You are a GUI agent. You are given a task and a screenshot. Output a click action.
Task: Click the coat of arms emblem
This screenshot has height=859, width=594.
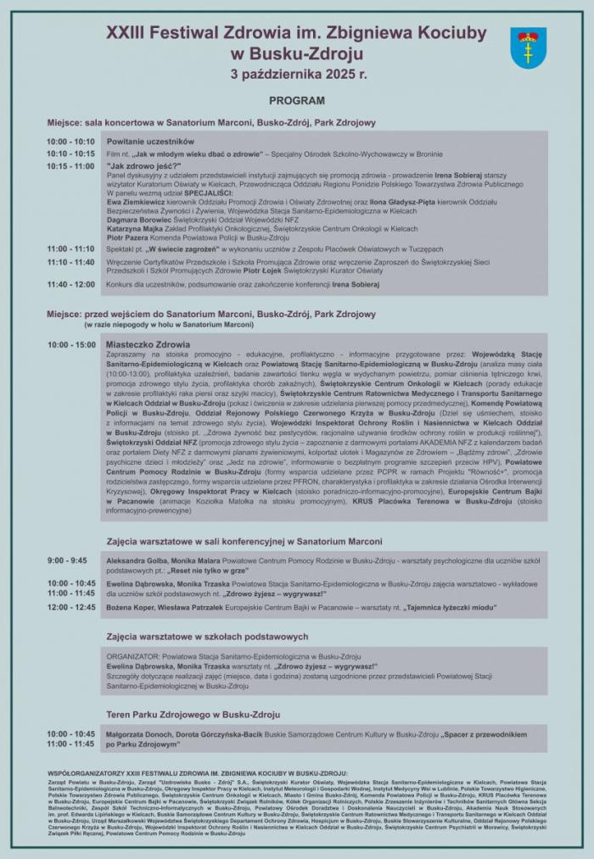(528, 47)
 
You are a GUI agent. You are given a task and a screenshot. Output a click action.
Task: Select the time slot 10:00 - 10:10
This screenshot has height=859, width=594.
(71, 141)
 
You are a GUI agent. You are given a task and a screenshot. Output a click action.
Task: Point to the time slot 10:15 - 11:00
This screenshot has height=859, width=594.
(71, 166)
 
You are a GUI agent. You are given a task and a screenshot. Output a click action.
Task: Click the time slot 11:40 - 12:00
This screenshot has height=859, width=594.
(71, 284)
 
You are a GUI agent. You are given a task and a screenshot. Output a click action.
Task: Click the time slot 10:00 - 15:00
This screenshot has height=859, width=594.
(71, 345)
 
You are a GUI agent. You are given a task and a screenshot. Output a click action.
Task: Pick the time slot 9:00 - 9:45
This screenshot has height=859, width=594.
(67, 561)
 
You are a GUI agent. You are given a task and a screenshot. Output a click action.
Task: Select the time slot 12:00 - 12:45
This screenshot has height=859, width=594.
(71, 607)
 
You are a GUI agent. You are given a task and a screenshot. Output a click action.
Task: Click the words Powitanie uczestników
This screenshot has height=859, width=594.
(150, 141)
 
